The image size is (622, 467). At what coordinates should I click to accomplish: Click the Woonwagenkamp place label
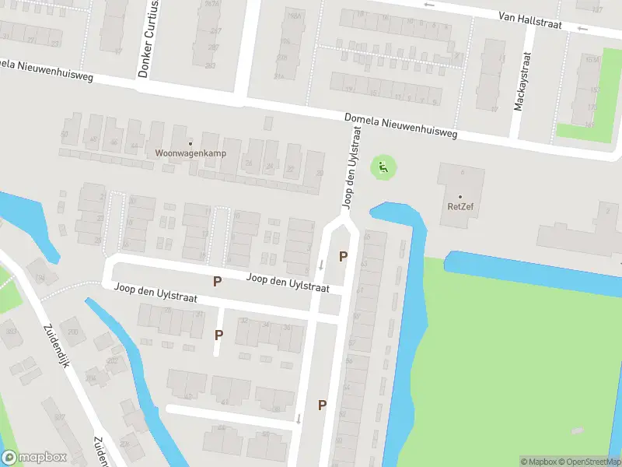click(190, 153)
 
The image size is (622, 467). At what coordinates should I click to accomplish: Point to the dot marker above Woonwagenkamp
click(190, 142)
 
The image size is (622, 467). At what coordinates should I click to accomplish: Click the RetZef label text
click(460, 206)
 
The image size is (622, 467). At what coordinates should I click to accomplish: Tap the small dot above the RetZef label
click(460, 196)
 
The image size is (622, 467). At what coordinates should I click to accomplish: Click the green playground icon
click(382, 166)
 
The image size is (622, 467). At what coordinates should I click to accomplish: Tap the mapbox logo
click(34, 458)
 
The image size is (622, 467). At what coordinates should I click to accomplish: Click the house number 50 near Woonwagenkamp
click(65, 135)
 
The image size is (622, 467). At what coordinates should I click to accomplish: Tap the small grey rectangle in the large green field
click(577, 430)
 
